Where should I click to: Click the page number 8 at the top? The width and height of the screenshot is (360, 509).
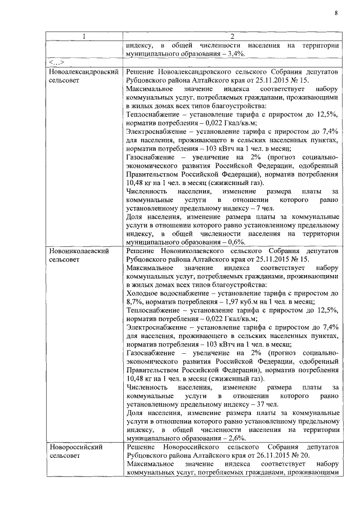[x=335, y=13]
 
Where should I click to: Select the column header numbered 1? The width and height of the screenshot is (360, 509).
[x=84, y=37]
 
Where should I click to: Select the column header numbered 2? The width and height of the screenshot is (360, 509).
[x=232, y=37]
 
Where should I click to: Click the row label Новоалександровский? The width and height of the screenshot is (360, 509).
[x=84, y=73]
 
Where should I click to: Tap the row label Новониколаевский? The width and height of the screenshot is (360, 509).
[x=79, y=249]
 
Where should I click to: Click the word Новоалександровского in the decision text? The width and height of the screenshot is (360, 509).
[x=199, y=73]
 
